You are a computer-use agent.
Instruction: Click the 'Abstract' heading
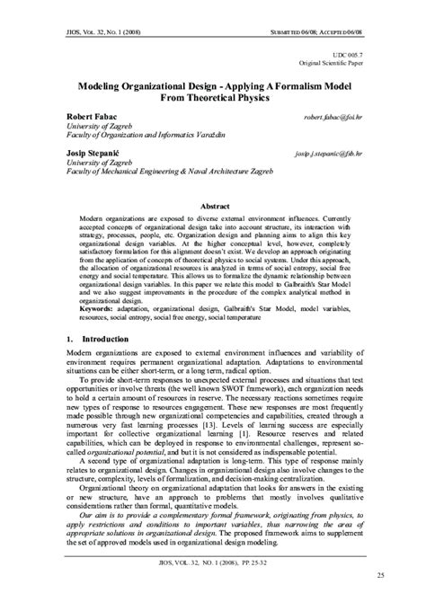point(213,206)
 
